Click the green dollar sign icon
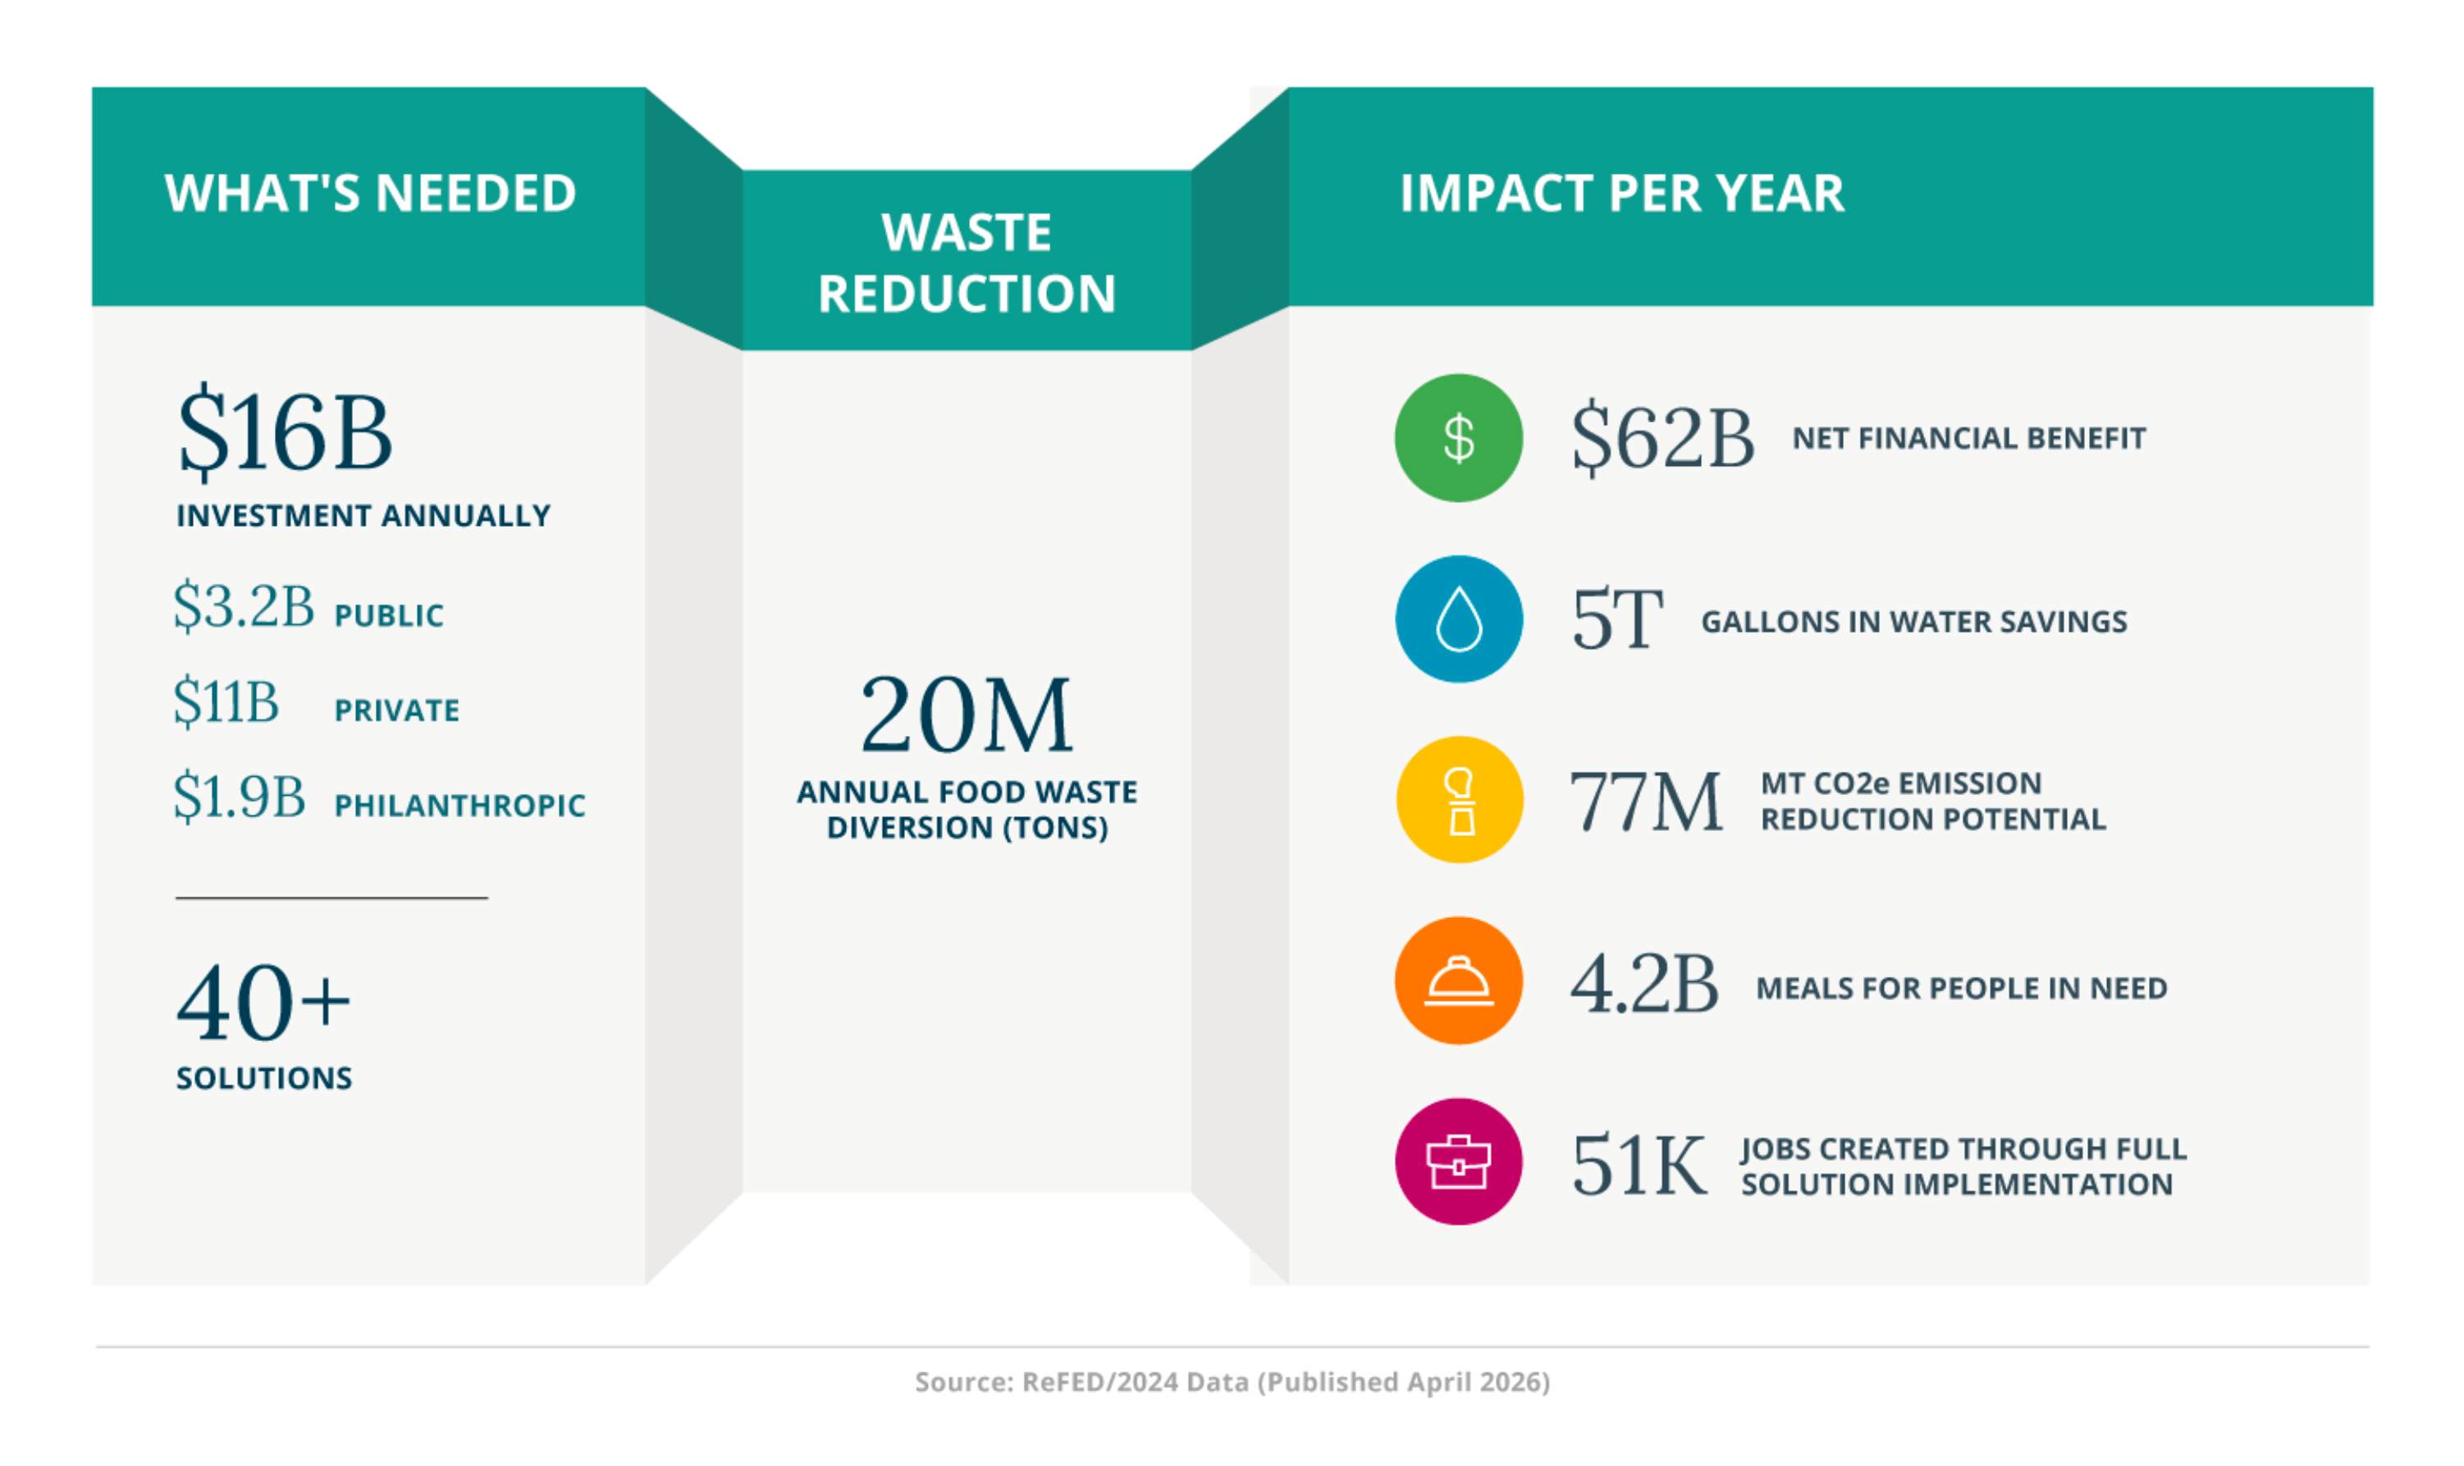tap(1457, 437)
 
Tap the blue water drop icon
tap(1457, 619)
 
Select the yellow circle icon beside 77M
tap(1458, 800)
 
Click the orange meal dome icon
tap(1457, 981)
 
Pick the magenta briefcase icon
tap(1457, 1162)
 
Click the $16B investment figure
tap(285, 432)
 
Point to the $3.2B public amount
tap(243, 605)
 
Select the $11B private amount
tap(226, 701)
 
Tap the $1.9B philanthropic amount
tap(239, 797)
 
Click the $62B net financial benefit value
tap(1662, 437)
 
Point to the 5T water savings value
tap(1616, 619)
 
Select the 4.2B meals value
tap(1644, 985)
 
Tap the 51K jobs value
tap(1638, 1166)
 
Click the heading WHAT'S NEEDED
tap(371, 194)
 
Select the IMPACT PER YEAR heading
tap(1621, 194)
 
